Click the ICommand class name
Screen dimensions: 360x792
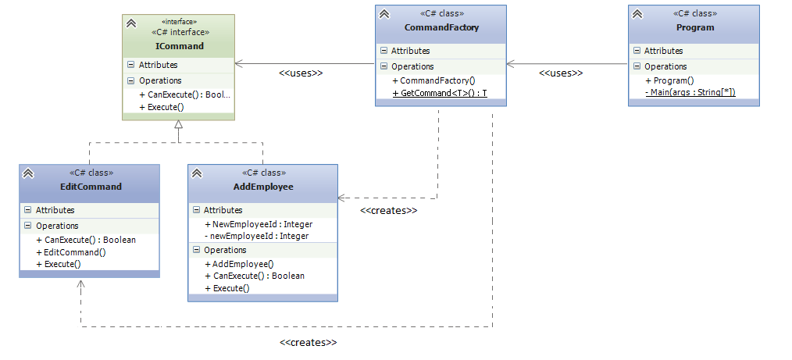coord(179,46)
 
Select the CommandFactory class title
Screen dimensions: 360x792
coord(441,28)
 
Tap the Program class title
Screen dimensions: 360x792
coord(694,28)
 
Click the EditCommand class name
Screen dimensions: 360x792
coord(91,187)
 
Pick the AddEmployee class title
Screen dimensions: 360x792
coord(263,187)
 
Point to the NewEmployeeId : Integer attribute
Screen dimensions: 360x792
coord(258,224)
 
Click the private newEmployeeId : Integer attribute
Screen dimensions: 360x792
coord(256,236)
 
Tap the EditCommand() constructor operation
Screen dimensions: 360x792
coord(70,252)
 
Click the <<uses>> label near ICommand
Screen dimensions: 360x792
coord(301,73)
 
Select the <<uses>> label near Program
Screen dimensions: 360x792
coord(561,73)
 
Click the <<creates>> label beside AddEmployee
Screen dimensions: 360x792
coord(388,211)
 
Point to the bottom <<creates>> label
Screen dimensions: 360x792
coord(309,342)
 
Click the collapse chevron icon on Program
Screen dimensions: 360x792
coord(637,14)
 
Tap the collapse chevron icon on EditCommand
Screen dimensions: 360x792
coord(27,173)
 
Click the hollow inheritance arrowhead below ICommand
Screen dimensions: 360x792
coord(178,125)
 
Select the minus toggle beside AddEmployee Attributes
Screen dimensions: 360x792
coord(196,210)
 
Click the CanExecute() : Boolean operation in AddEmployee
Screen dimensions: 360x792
coord(254,276)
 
